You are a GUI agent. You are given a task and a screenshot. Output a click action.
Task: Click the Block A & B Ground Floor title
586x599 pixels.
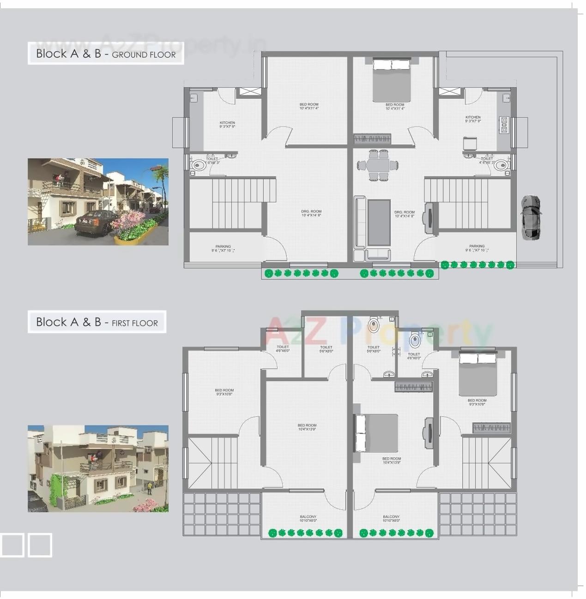pos(106,54)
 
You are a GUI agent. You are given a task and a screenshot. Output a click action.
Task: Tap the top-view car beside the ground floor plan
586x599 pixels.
pos(531,217)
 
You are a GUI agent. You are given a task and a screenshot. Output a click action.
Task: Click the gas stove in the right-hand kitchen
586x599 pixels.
pos(504,125)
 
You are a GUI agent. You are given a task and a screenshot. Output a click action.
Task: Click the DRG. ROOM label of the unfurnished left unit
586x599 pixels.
pos(311,213)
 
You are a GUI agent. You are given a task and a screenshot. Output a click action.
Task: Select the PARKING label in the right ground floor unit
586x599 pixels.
pos(477,248)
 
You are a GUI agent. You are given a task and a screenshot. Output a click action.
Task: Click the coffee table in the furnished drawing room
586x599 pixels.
pos(379,222)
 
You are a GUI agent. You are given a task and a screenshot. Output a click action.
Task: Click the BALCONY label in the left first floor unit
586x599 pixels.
pos(308,519)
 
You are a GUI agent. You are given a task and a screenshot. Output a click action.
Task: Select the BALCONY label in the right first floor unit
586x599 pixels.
pos(391,519)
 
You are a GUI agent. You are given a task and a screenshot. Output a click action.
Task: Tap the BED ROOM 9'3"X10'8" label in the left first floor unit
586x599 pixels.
pos(224,392)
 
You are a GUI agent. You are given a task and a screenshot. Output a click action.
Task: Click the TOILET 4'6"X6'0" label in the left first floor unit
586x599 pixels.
pos(283,348)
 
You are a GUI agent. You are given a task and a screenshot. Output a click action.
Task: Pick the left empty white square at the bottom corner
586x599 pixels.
pos(12,545)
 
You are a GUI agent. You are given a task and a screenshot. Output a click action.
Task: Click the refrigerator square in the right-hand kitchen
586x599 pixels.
pos(470,143)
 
